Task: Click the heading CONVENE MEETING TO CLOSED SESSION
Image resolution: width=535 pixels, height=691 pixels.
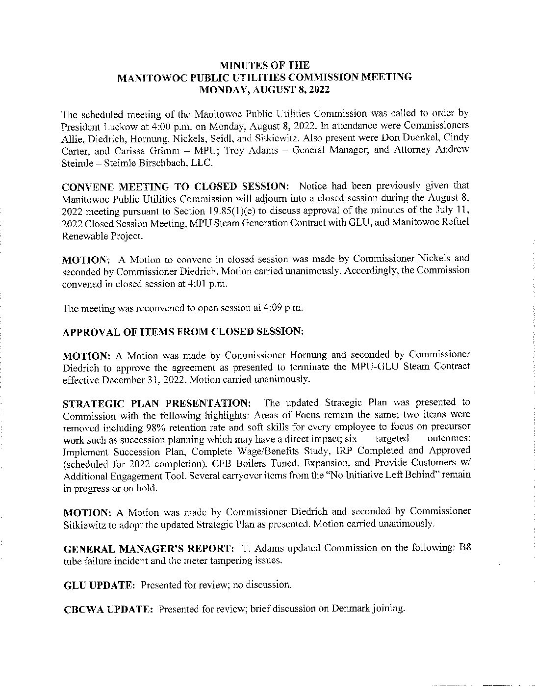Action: (176, 186)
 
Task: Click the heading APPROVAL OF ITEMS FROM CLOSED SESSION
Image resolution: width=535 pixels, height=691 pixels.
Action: (183, 331)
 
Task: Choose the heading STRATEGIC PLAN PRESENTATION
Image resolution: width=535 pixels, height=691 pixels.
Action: (157, 403)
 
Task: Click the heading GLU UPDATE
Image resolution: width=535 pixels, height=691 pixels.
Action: (100, 585)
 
